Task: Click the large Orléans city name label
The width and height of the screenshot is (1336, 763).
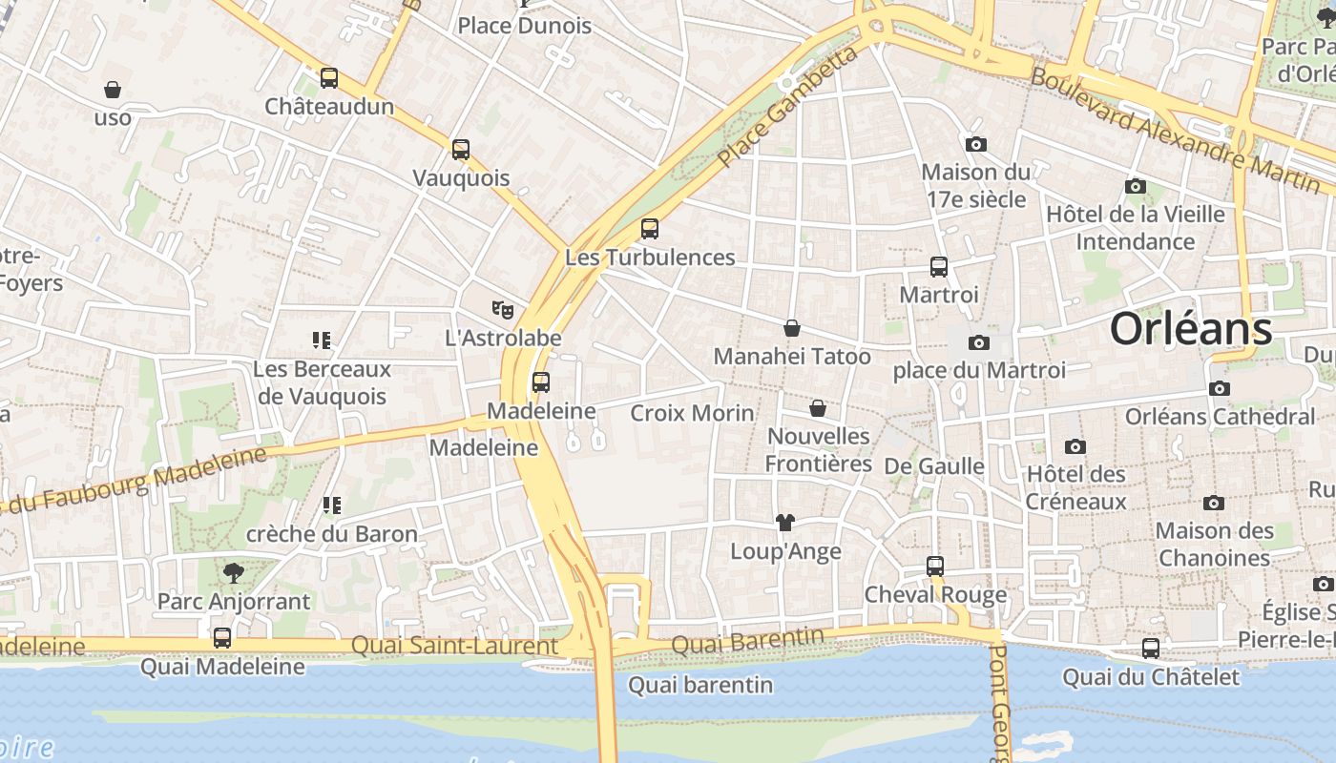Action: [x=1190, y=329]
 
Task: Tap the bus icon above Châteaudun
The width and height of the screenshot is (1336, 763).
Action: [x=329, y=78]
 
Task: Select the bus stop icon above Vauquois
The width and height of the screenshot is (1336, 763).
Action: [x=461, y=150]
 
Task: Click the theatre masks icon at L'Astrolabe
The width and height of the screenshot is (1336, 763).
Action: [x=503, y=309]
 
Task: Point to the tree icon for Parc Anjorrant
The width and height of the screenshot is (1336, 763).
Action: [x=234, y=572]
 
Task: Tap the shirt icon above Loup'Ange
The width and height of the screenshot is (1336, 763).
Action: [x=785, y=523]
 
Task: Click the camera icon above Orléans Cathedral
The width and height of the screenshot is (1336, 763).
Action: [x=1219, y=388]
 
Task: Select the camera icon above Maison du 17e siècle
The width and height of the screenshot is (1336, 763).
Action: [x=975, y=144]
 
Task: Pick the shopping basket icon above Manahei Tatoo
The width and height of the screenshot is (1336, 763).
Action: [x=792, y=328]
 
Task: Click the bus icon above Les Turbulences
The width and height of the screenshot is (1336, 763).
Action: [x=650, y=229]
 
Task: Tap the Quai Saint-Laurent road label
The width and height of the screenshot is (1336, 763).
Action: [x=454, y=646]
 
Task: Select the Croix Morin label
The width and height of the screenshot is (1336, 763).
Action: [x=692, y=413]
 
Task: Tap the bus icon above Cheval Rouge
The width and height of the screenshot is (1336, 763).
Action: [x=935, y=567]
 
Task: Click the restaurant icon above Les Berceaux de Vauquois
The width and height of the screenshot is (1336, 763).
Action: [x=322, y=340]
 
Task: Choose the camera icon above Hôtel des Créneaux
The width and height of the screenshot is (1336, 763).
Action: [x=1075, y=446]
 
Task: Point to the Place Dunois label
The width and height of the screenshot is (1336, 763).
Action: [x=525, y=26]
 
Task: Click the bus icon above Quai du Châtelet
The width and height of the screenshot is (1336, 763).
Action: [x=1151, y=649]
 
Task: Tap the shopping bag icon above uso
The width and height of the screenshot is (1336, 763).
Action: [x=113, y=90]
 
